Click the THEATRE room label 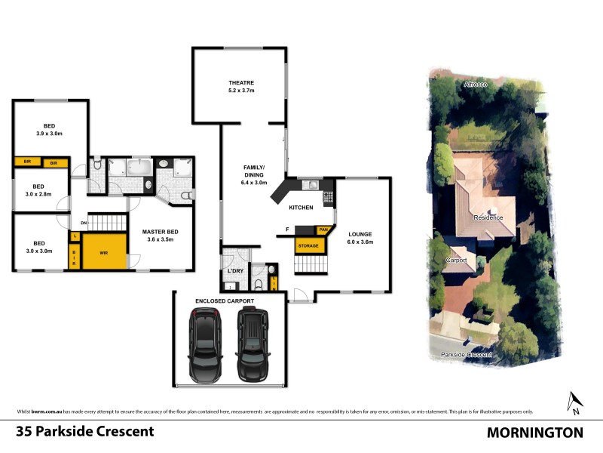[x=241, y=86]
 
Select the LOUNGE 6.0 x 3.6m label [x=360, y=238]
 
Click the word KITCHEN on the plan [x=301, y=207]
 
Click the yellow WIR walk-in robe [x=104, y=252]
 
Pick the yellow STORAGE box [x=307, y=245]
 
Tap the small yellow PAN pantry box [x=323, y=230]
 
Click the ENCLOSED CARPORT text [x=225, y=300]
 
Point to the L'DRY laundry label [x=234, y=271]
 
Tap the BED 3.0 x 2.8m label [x=38, y=190]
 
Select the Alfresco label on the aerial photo [x=476, y=85]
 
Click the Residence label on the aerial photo [x=488, y=217]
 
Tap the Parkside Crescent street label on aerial [x=467, y=353]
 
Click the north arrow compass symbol [x=574, y=402]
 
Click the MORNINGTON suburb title [x=534, y=433]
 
